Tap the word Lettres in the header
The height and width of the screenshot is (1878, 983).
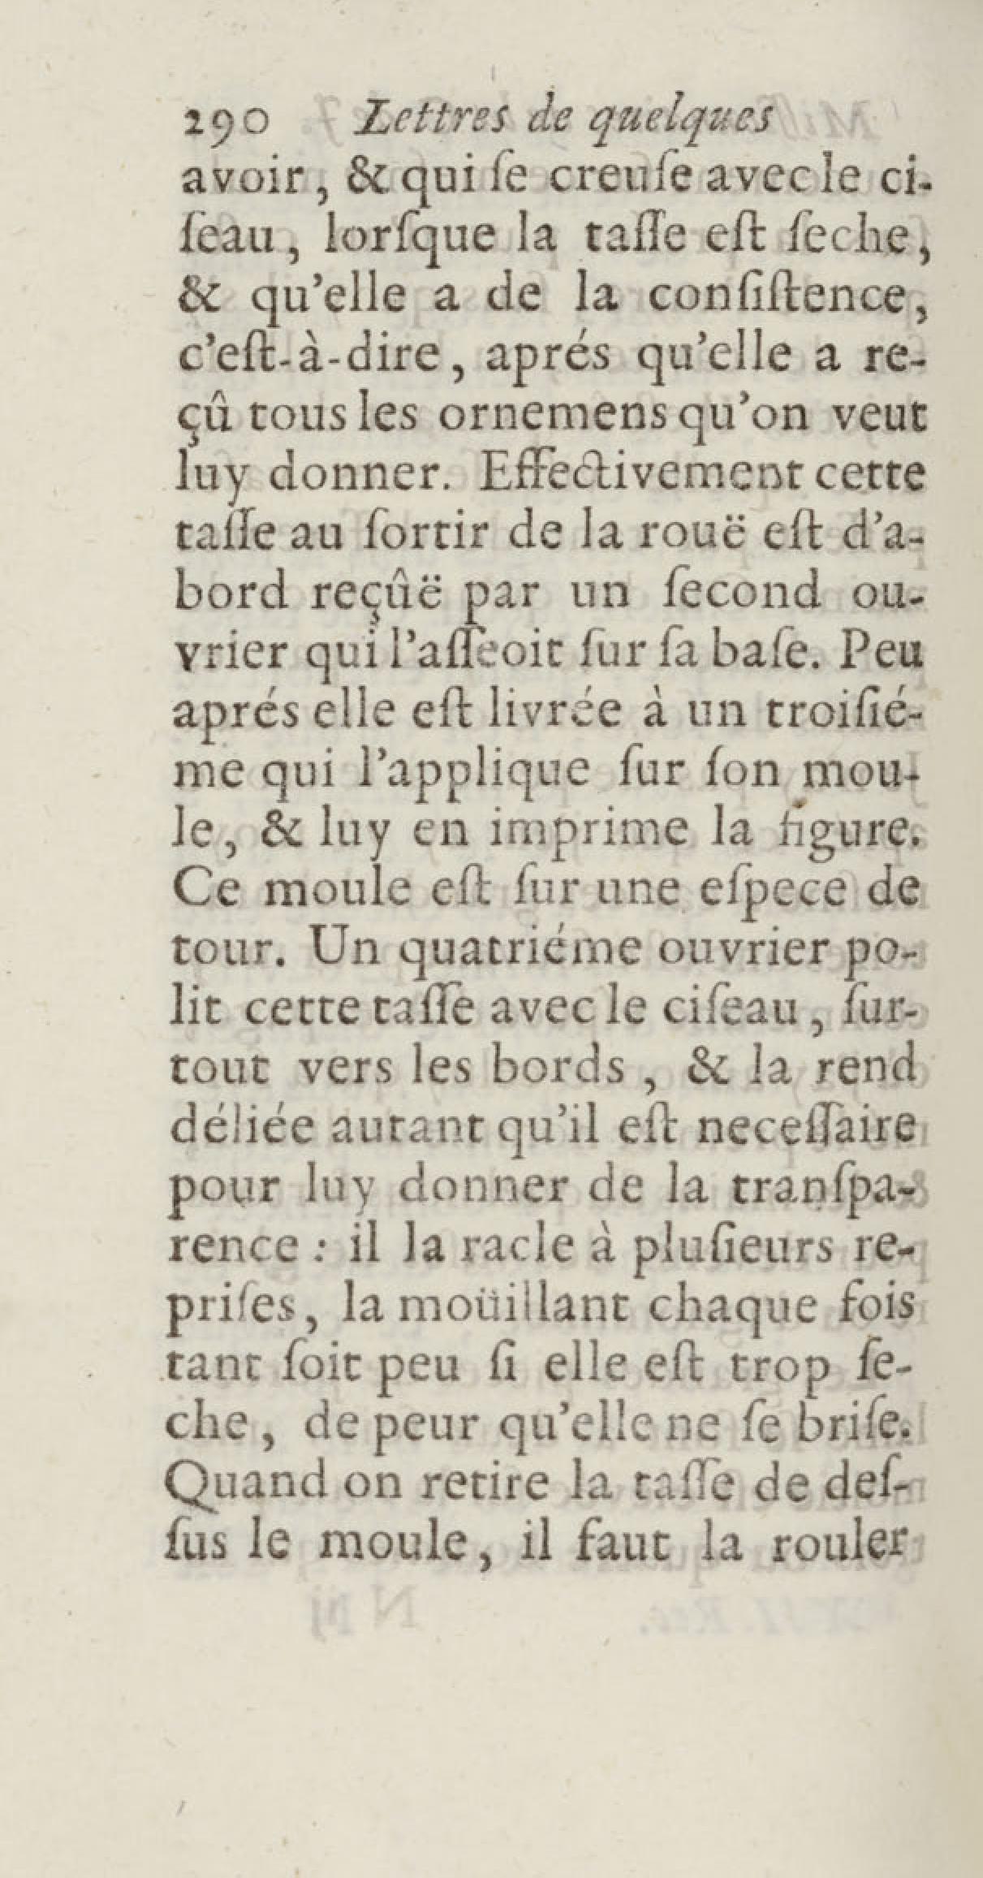coord(399,124)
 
